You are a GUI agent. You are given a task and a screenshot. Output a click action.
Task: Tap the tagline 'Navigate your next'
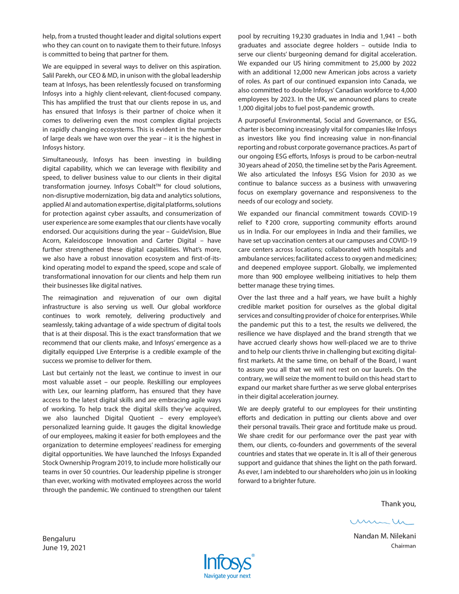(227, 576)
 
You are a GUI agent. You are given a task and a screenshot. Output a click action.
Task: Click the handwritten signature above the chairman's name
(382, 522)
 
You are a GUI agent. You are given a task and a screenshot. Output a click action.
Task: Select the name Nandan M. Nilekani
(385, 536)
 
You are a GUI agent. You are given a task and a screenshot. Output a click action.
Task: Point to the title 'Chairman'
(403, 546)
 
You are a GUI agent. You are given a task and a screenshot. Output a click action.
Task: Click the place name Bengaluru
(59, 538)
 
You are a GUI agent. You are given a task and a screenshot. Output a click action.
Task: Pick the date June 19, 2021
(64, 548)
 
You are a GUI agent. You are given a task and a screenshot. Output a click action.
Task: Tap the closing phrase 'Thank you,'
(398, 504)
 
